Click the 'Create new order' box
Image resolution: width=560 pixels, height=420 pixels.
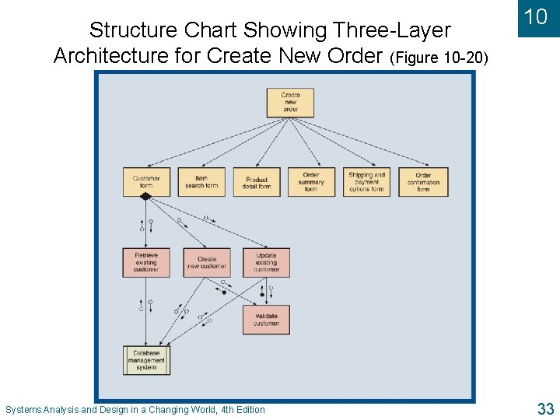[290, 103]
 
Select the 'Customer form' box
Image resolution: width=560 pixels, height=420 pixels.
[146, 182]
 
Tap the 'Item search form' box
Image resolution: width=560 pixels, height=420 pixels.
[201, 182]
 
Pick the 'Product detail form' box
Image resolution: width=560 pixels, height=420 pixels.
[257, 182]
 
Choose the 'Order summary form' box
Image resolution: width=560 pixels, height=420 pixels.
[311, 182]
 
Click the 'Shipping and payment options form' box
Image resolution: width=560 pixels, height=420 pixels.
[366, 182]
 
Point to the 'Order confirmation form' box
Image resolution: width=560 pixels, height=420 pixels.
[423, 182]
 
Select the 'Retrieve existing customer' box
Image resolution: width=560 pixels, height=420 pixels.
[146, 263]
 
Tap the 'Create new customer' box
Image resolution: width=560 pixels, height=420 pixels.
[207, 263]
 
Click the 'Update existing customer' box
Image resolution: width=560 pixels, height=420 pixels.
[266, 263]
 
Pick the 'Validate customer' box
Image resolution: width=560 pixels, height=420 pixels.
[266, 320]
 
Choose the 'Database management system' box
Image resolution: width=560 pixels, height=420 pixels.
[146, 360]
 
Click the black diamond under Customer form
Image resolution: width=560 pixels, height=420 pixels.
[145, 197]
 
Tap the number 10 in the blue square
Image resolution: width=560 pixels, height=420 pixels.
[536, 17]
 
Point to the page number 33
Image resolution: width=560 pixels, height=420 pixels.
[544, 408]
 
